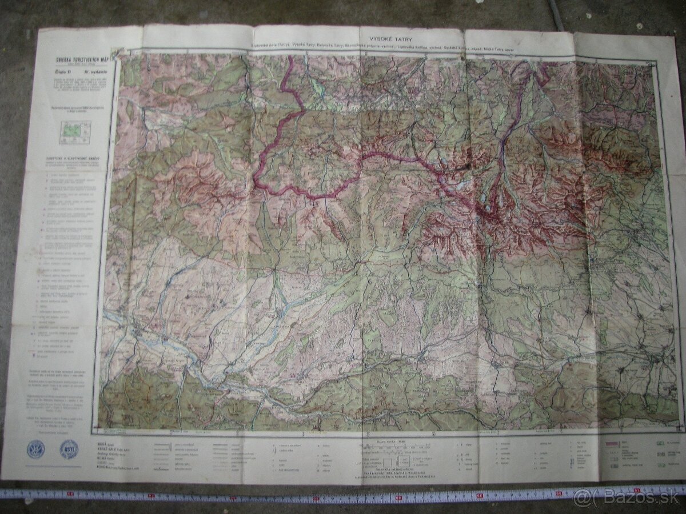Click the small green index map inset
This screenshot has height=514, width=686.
pos(71,131)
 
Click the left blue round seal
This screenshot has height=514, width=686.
pos(36,449)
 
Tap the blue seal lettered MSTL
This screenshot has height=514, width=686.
pos(69,449)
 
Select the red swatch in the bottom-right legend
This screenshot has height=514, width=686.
pos(611,443)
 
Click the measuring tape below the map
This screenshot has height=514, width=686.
pos(286,495)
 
